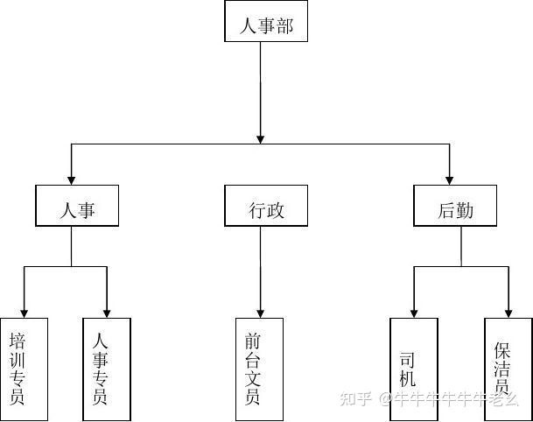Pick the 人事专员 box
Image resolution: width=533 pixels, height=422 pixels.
click(107, 368)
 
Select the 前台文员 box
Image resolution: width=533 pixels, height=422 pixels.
click(260, 368)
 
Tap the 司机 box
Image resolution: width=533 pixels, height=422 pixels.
click(414, 368)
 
